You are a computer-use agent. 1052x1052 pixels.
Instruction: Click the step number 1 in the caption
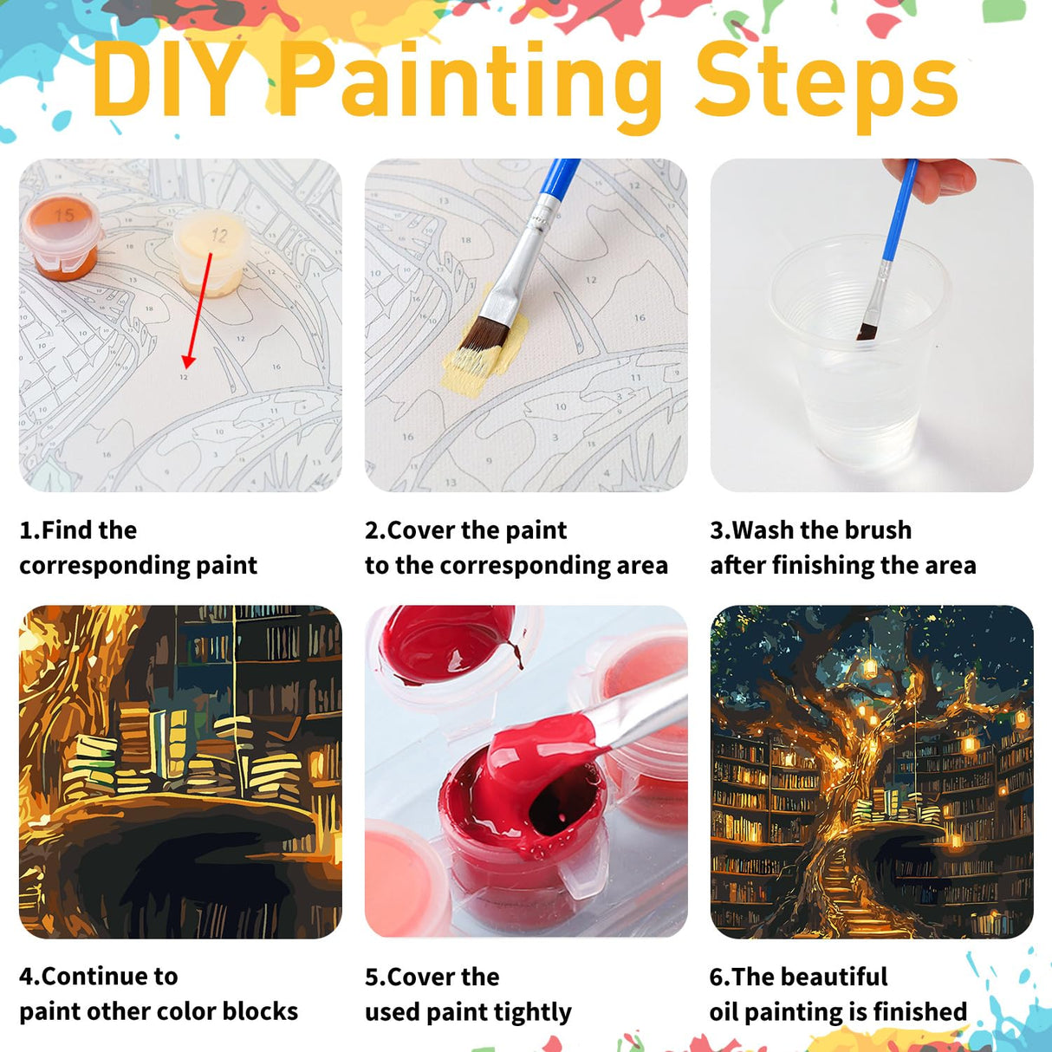click(27, 530)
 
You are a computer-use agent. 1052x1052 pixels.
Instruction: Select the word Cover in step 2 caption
click(422, 530)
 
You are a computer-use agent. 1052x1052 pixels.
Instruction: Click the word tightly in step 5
click(532, 1012)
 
